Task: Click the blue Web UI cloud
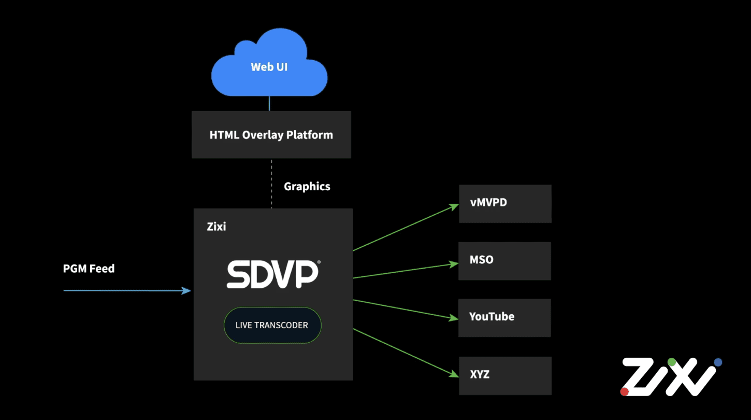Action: coord(269,66)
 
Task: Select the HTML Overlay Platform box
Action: coord(271,135)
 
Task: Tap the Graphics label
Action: coord(307,187)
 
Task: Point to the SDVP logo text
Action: coord(272,274)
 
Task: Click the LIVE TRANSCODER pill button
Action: coord(272,326)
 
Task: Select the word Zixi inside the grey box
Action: coord(216,227)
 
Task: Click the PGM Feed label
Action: coord(89,269)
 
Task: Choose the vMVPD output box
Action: coord(505,203)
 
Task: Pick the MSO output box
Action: coord(504,260)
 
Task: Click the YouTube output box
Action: coord(504,317)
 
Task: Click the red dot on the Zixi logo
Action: coord(625,391)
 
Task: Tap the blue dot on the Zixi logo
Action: coord(718,362)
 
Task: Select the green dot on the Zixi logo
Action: coord(672,361)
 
